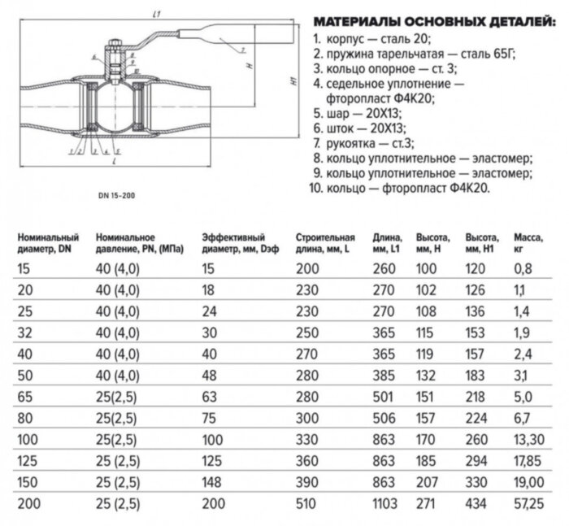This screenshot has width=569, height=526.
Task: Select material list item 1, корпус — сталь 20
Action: point(368,37)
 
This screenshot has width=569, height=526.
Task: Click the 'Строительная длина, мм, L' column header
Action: point(326,241)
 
